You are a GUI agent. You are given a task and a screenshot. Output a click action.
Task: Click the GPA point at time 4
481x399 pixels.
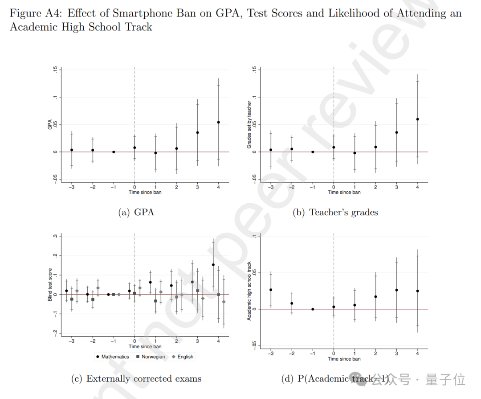(x=218, y=122)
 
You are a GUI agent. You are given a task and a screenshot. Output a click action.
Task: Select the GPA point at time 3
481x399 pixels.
(x=197, y=132)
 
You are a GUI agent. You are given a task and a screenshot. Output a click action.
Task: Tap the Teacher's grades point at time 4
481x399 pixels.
(x=417, y=119)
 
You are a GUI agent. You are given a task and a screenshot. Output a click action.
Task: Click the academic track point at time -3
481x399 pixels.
(x=271, y=290)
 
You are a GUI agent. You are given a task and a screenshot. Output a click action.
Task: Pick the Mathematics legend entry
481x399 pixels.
(x=112, y=357)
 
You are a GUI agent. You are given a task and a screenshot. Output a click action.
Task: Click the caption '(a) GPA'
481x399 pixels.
(x=136, y=212)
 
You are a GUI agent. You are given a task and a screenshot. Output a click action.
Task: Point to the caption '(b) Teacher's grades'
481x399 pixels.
(x=335, y=212)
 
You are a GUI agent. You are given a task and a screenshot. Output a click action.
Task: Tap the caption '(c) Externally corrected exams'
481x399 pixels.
(x=136, y=378)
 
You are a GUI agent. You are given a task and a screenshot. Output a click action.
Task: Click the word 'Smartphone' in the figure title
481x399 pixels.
(x=139, y=13)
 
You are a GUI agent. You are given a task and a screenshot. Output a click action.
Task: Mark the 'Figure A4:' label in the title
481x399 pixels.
(x=34, y=13)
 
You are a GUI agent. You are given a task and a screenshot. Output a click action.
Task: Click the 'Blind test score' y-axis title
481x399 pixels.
(x=50, y=284)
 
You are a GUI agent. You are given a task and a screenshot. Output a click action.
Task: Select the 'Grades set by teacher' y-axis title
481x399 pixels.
(x=249, y=124)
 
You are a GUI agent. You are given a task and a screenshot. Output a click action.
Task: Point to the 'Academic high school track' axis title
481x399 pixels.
(x=249, y=291)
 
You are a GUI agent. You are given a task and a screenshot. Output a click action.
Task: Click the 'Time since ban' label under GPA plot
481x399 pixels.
(x=145, y=192)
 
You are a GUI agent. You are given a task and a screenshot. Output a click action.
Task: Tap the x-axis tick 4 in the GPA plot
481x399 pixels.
(x=218, y=187)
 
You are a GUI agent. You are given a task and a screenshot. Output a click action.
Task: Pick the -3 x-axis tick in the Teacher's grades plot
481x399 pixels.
(x=270, y=187)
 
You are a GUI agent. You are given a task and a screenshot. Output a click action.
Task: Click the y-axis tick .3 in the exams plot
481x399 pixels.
(x=55, y=236)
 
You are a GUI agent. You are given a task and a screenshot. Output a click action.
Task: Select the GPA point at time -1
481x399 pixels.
(x=114, y=152)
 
